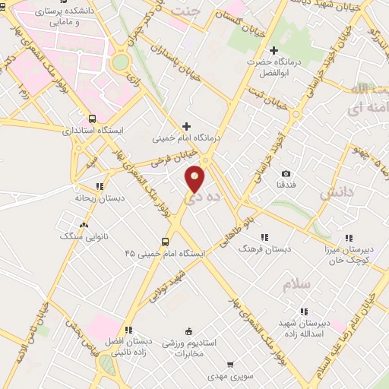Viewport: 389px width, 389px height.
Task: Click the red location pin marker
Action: coord(195,178)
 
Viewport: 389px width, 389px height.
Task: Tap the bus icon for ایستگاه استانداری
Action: coord(91,119)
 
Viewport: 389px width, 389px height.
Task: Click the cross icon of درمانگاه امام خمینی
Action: coord(186,126)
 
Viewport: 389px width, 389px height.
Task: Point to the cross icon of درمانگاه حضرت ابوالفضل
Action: coord(274,50)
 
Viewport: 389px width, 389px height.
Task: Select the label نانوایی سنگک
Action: coord(83,236)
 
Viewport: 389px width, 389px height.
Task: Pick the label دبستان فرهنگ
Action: coord(263,248)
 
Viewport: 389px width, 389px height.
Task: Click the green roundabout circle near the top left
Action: coord(120,63)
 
